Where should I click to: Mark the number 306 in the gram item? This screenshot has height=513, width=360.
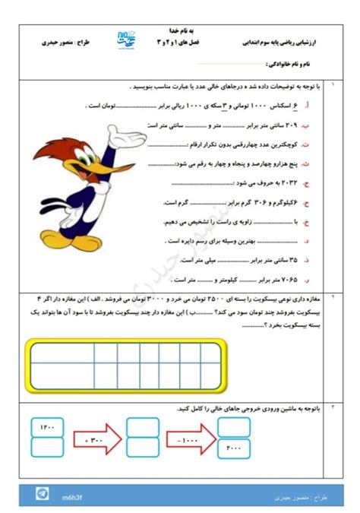(x=252, y=202)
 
